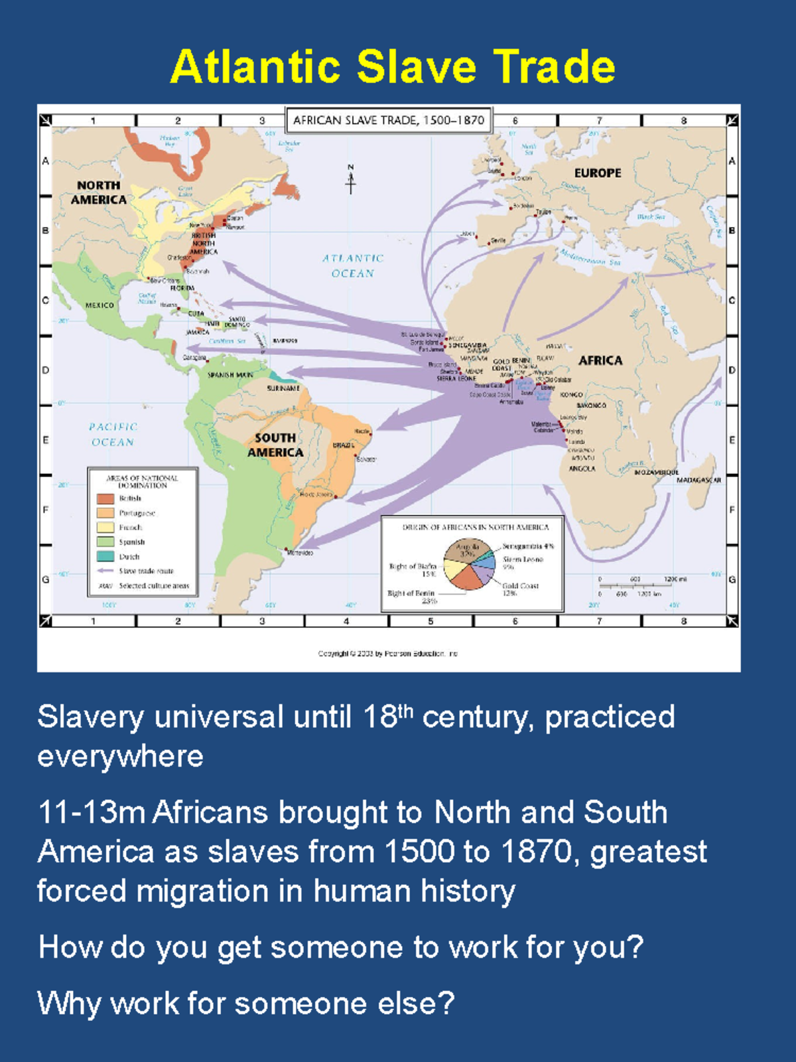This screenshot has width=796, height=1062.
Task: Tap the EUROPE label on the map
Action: (598, 173)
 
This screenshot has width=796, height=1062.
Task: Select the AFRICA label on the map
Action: (600, 360)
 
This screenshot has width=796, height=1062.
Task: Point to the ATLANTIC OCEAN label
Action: (353, 265)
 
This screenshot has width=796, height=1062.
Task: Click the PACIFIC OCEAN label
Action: (113, 434)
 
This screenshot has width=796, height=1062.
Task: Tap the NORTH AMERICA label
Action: (99, 192)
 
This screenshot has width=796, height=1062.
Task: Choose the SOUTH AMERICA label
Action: (275, 445)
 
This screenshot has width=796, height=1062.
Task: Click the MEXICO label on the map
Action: (99, 305)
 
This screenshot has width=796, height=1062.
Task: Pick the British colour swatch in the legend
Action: (105, 498)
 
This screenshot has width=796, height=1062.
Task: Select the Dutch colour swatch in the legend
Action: (105, 556)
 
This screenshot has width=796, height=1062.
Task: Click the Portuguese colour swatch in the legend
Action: (105, 513)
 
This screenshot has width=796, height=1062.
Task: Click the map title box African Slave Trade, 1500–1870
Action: (389, 120)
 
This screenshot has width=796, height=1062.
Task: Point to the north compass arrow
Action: (351, 179)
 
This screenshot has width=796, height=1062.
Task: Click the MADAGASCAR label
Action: (698, 479)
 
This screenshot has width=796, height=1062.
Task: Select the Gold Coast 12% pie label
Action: (520, 589)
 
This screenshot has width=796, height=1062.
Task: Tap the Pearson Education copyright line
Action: (388, 653)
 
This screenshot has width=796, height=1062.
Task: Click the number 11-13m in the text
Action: (92, 812)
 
